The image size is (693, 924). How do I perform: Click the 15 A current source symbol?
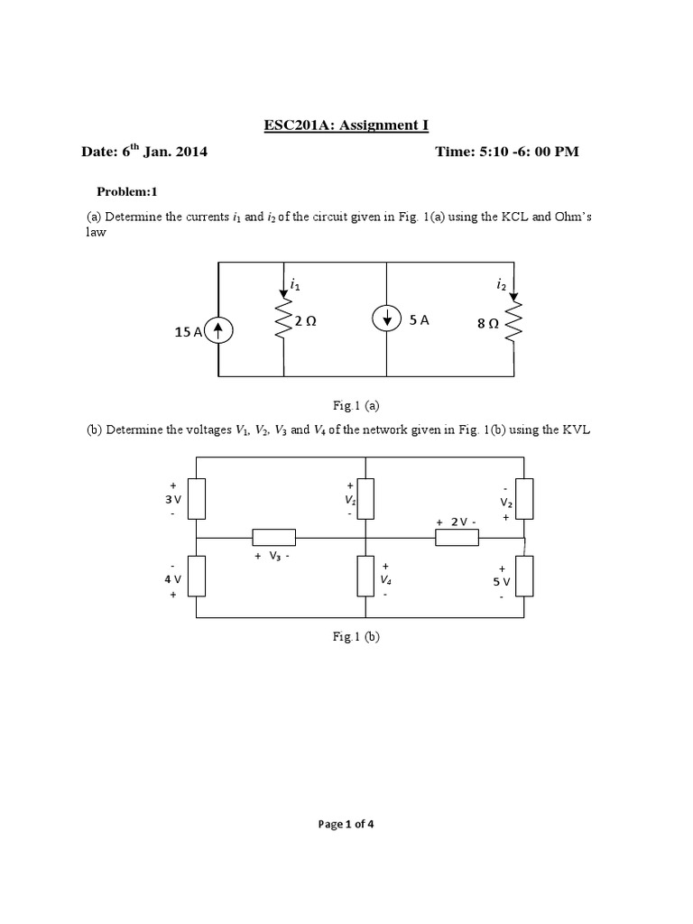(218, 332)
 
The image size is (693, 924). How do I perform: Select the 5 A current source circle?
(386, 319)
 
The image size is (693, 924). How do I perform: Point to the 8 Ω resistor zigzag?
(515, 322)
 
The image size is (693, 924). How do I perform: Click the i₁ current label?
(294, 285)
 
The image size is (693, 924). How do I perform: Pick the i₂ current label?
(501, 285)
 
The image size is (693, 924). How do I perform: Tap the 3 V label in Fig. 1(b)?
(172, 499)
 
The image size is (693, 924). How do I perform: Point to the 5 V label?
(502, 582)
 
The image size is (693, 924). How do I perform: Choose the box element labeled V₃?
(273, 537)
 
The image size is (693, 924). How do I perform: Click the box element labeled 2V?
(457, 538)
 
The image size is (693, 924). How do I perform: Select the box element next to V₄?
(365, 577)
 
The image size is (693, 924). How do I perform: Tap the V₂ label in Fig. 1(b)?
(506, 503)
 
